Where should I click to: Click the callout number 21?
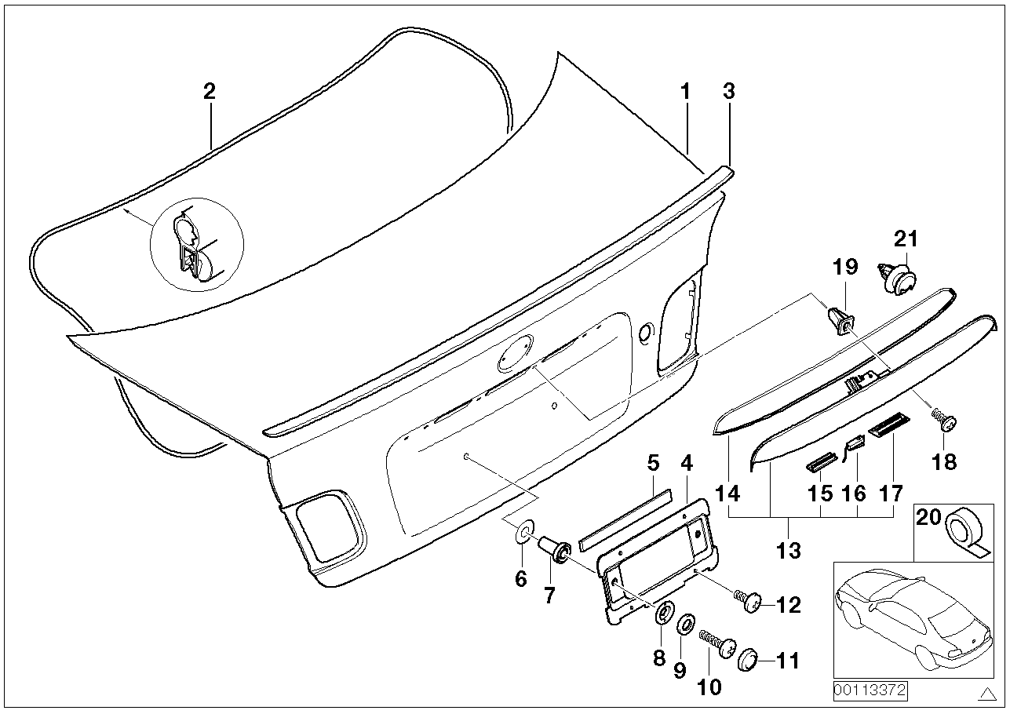click(x=906, y=239)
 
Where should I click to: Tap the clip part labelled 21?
click(x=897, y=279)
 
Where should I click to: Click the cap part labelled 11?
click(x=749, y=660)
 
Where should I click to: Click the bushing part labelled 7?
click(x=558, y=550)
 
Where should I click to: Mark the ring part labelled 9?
click(x=685, y=624)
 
